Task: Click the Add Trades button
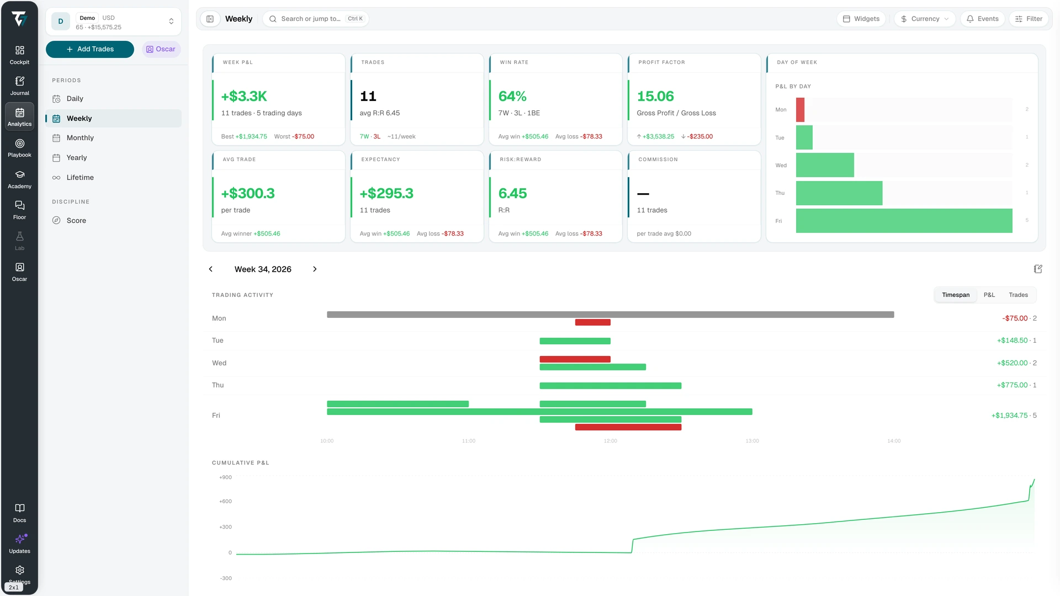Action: coord(90,49)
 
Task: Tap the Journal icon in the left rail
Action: coord(20,81)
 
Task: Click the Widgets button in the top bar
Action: coord(861,19)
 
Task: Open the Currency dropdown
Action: coord(925,19)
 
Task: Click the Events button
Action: coord(983,19)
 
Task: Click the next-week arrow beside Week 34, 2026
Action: coord(315,269)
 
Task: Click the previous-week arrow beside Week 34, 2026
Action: coord(210,269)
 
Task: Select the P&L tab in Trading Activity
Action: coord(989,295)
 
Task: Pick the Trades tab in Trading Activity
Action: coord(1018,295)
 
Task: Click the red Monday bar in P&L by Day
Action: coord(800,110)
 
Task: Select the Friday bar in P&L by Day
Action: coord(904,221)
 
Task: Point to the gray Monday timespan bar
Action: coord(610,315)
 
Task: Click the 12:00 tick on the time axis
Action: coord(610,441)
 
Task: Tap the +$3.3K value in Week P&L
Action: coord(244,97)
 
